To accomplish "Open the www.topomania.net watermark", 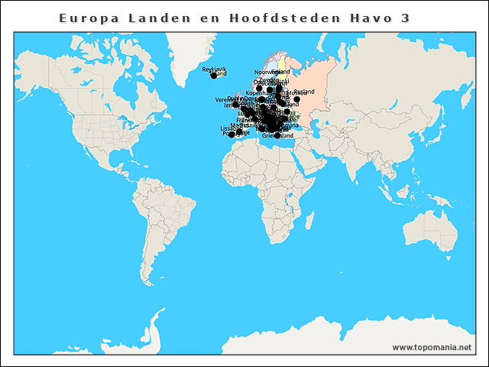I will pyautogui.click(x=432, y=347).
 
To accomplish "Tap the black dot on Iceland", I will pyautogui.click(x=214, y=76).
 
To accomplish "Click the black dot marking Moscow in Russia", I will pyautogui.click(x=296, y=99).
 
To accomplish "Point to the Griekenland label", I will pyautogui.click(x=277, y=136).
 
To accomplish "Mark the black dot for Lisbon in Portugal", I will pyautogui.click(x=230, y=134).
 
